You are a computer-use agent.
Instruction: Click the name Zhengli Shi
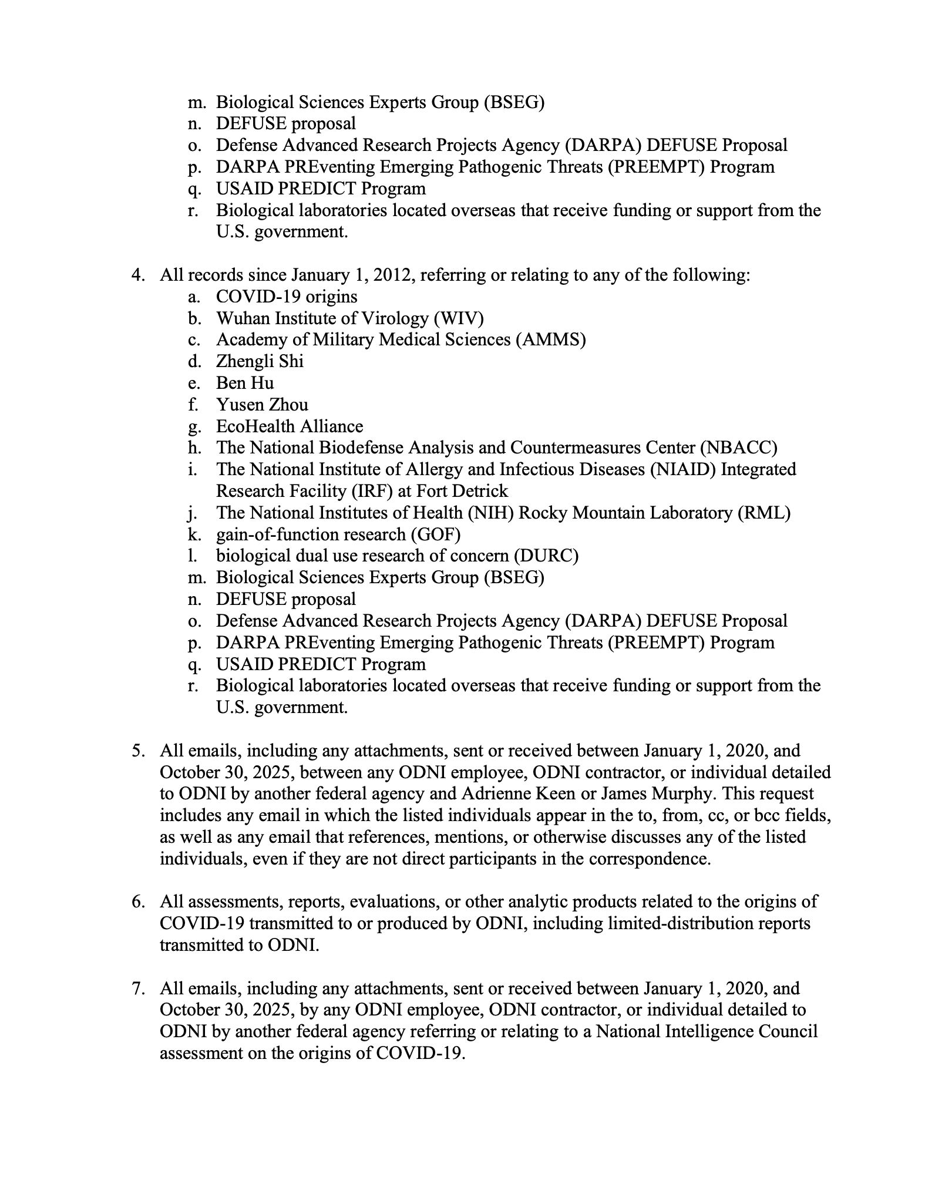pyautogui.click(x=260, y=361)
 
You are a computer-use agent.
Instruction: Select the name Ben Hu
pyautogui.click(x=245, y=383)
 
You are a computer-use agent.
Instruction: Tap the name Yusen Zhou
pyautogui.click(x=262, y=405)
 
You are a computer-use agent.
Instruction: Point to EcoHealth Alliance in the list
pyautogui.click(x=290, y=426)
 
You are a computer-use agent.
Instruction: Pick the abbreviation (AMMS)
pyautogui.click(x=551, y=339)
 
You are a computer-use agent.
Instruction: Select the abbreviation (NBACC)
pyautogui.click(x=738, y=448)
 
